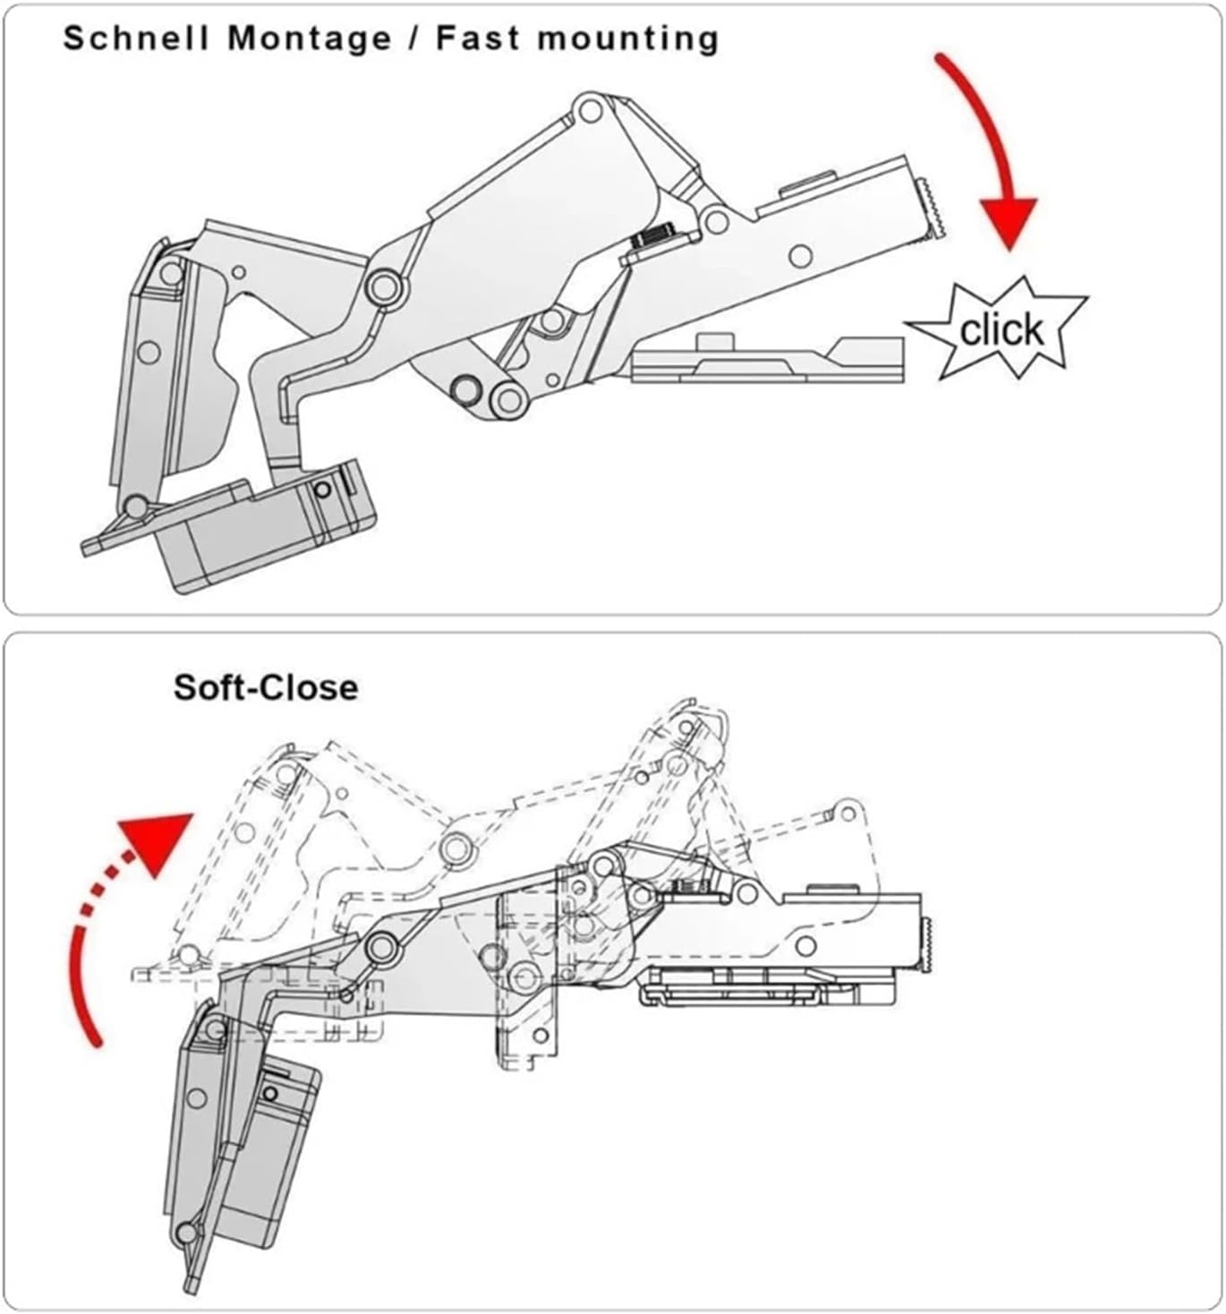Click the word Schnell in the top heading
135,38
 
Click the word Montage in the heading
310,38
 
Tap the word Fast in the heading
475,38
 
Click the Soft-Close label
266,687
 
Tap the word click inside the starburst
1001,330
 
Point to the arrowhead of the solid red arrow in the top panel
1009,223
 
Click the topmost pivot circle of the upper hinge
589,111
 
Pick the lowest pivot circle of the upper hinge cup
136,507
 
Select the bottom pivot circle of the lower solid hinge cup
187,1234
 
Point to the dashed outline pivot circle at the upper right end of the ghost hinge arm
843,812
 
